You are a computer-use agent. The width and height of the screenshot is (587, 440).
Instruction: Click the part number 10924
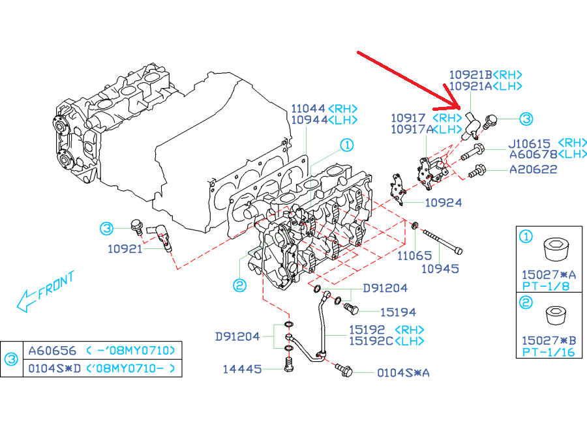[444, 203]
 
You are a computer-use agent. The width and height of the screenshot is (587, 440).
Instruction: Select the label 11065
[415, 256]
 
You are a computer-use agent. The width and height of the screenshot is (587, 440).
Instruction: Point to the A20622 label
[534, 169]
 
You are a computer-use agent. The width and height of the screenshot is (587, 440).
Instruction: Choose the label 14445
[243, 369]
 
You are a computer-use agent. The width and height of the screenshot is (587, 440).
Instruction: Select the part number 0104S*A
[403, 373]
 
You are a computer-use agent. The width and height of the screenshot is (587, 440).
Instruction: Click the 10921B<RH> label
[486, 75]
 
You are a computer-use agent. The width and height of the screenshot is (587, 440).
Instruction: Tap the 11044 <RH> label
[324, 108]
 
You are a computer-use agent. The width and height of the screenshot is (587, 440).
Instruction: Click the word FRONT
[56, 284]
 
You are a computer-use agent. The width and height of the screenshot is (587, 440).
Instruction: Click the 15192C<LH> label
[386, 341]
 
